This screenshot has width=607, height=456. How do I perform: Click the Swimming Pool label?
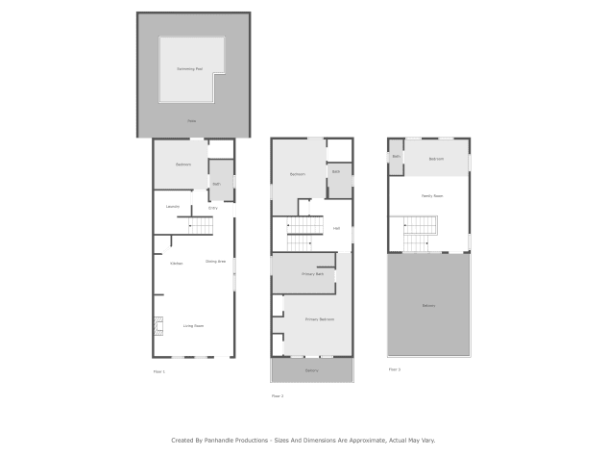pos(189,69)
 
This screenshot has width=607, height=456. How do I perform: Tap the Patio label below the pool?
pos(192,120)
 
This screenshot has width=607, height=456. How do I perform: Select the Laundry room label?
pos(173,206)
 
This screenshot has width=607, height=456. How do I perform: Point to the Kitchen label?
pos(177,263)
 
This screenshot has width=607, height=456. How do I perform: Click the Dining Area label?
pos(215,261)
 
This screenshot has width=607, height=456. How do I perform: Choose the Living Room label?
pos(193,326)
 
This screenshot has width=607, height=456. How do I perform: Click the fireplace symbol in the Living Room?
pos(158,327)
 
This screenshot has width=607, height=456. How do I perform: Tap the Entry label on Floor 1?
pos(212,207)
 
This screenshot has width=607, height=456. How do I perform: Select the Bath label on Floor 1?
pos(216,183)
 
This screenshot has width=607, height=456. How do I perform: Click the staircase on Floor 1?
pos(200,224)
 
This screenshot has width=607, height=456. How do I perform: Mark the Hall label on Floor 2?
pos(336,228)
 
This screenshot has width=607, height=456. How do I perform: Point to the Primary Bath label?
pos(313,274)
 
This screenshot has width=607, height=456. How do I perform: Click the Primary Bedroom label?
pos(318,318)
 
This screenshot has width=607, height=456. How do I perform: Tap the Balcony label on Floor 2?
pos(312,369)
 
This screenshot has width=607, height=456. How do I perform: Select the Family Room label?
pos(432,195)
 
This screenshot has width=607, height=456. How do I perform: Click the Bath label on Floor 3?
pos(396,156)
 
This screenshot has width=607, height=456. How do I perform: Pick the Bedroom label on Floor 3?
pos(435,158)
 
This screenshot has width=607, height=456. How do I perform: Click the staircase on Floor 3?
pos(420,231)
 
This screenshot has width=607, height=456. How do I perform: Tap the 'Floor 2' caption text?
pos(277,395)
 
